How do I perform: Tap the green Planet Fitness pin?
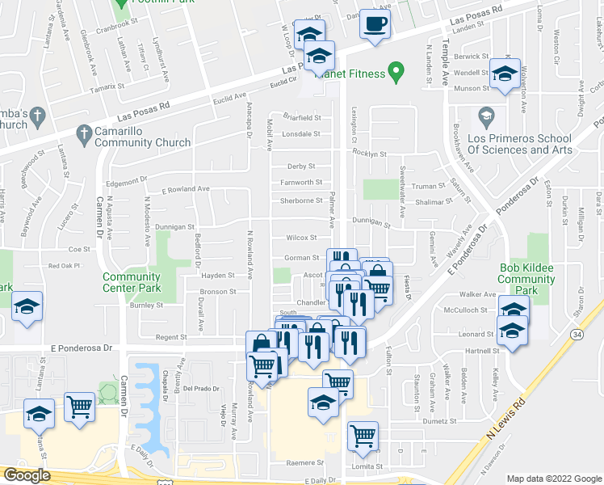[x=396, y=73]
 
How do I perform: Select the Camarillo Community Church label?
[x=143, y=137]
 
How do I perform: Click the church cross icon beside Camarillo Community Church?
[x=83, y=132]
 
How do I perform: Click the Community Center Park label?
[x=131, y=282]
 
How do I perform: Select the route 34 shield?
[x=575, y=332]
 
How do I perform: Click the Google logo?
[x=27, y=475]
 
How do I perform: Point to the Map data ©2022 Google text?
[x=553, y=479]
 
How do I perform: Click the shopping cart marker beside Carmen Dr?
[x=80, y=407]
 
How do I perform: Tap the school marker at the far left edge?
[x=27, y=307]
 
